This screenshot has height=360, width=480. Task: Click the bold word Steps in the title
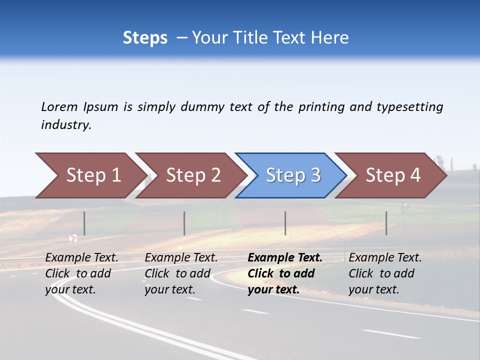point(145,38)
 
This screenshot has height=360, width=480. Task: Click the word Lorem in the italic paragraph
point(59,107)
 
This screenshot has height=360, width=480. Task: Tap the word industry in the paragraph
point(65,125)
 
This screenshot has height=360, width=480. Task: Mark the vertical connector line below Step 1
point(84,223)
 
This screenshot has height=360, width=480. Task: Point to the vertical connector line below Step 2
point(184,223)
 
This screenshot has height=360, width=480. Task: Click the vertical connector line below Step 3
point(285,223)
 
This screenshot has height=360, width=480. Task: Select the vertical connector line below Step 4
point(386,223)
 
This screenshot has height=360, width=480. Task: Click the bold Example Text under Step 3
point(285,258)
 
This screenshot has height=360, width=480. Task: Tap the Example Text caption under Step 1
point(81,258)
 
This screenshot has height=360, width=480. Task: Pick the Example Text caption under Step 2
point(181,258)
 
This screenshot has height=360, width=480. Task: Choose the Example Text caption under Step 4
point(385,258)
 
